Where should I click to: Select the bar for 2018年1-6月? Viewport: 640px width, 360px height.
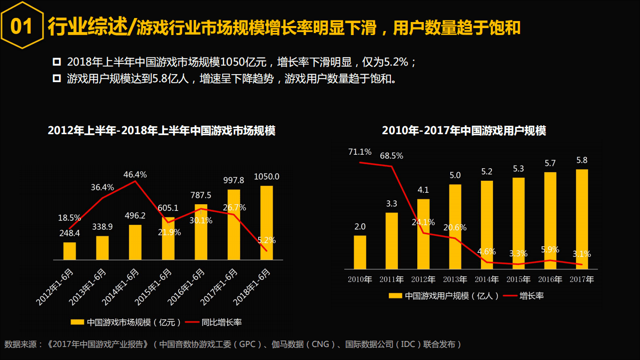tap(267, 223)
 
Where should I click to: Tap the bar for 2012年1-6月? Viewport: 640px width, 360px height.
tap(70, 251)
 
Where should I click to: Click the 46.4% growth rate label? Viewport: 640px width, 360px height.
tap(135, 175)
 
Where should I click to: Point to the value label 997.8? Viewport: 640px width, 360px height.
tap(234, 180)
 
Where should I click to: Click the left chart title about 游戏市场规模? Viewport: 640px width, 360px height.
tap(162, 131)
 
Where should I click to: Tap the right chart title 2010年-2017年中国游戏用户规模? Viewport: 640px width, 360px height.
tap(464, 131)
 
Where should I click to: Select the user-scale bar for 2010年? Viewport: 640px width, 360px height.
tap(360, 252)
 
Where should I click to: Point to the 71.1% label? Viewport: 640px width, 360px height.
tap(360, 152)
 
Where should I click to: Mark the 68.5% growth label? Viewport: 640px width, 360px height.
tap(391, 156)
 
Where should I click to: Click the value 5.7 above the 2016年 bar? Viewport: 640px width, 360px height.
tap(550, 163)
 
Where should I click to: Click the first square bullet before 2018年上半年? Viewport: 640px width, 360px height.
tap(57, 62)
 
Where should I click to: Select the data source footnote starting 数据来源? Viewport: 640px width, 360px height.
tap(232, 344)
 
